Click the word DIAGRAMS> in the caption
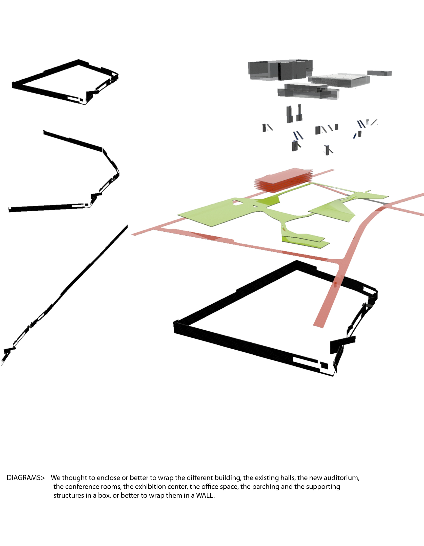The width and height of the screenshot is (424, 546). point(26,478)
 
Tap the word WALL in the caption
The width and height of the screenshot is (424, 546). point(205,495)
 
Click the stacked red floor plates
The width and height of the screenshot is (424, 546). point(284,180)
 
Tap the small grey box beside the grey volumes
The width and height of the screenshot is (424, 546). point(379,73)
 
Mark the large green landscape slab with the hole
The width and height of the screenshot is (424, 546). point(215,212)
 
